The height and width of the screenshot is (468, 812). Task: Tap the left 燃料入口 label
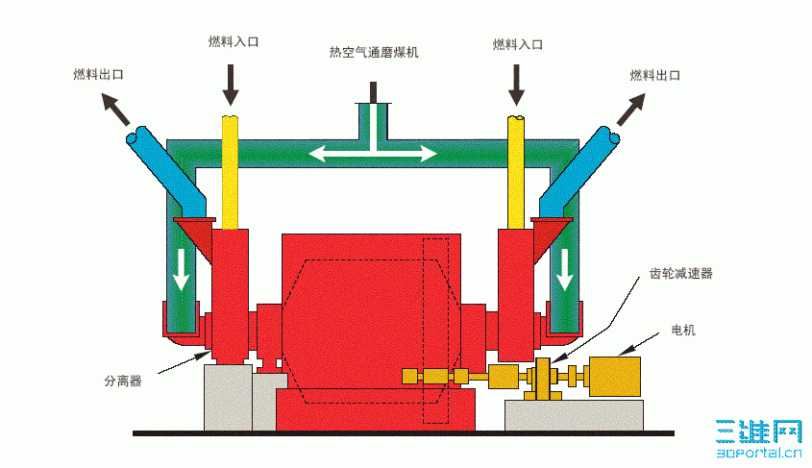point(234,42)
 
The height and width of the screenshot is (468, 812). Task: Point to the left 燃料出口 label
point(99,73)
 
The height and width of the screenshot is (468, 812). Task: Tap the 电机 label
point(683,331)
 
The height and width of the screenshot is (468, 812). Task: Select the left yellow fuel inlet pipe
point(231,173)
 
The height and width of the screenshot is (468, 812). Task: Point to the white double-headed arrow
point(372,153)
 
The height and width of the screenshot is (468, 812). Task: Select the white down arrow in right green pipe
point(565,268)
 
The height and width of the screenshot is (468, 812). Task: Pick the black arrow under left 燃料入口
point(231,84)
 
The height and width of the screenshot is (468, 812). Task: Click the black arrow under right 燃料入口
point(517,84)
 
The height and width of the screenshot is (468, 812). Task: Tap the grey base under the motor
point(574,414)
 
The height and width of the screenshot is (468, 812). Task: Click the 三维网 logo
point(758,436)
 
